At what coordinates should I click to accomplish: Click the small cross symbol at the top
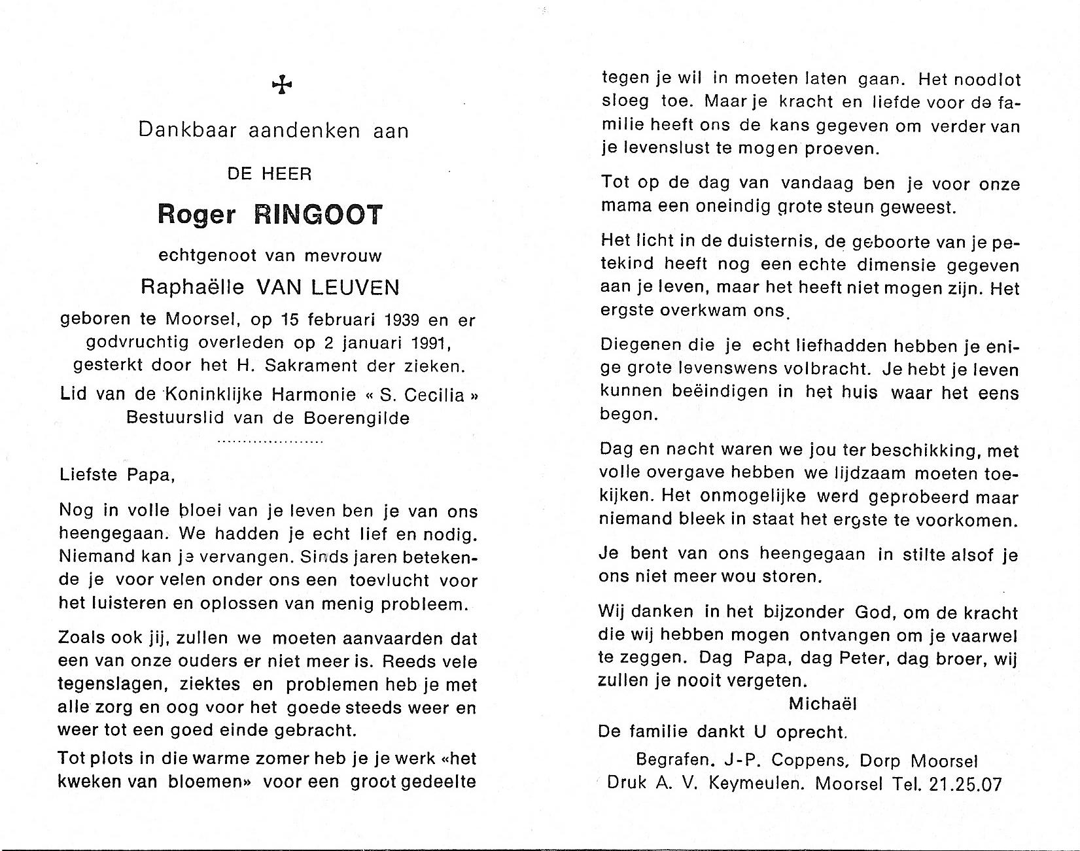[x=282, y=84]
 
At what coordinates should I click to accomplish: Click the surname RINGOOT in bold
[x=318, y=215]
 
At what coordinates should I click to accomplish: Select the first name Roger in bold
[x=196, y=215]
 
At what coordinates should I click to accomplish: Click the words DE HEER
[x=270, y=174]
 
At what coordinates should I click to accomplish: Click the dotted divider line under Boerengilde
[x=270, y=442]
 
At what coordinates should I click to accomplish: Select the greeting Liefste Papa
[x=117, y=475]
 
